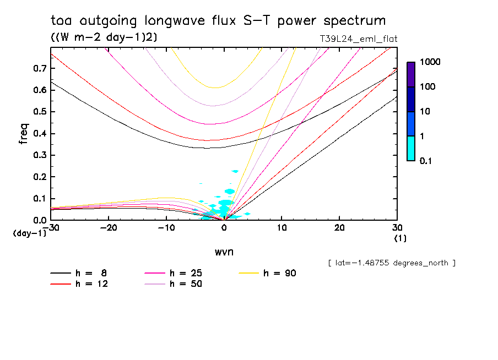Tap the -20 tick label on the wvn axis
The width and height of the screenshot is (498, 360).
click(109, 228)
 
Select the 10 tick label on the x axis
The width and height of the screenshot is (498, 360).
click(282, 228)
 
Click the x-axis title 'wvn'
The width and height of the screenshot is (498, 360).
click(223, 252)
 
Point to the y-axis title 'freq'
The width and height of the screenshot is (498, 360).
click(23, 134)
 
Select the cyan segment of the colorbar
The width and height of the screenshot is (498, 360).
click(410, 148)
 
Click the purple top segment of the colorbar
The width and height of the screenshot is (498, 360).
click(410, 74)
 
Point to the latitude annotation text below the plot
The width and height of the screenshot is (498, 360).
click(392, 263)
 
